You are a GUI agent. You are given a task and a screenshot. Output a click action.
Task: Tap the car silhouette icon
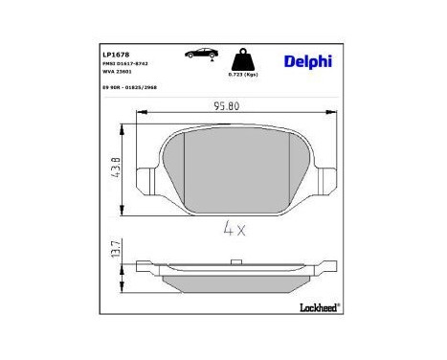tap(201, 56)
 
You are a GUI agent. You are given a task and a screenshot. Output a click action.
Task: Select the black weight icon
tap(242, 59)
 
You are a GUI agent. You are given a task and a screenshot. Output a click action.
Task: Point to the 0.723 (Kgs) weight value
tap(243, 75)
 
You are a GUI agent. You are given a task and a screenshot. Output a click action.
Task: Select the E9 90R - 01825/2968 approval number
tap(131, 87)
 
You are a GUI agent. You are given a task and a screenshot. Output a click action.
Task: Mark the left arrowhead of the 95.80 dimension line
tap(145, 115)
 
